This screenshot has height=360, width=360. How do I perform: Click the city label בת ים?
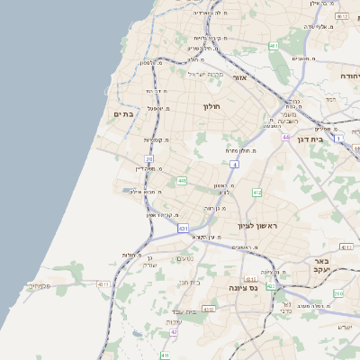point(123,114)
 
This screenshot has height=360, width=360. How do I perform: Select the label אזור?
point(240,78)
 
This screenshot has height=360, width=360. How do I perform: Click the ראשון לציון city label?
point(255,226)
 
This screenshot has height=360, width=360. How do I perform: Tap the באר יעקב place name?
point(324,264)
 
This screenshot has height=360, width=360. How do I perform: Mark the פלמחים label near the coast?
point(39,285)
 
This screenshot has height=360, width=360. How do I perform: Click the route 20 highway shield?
point(149,159)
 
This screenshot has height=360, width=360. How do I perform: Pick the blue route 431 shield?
point(184,229)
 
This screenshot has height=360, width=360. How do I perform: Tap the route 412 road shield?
point(257,192)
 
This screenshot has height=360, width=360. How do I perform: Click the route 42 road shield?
point(174,332)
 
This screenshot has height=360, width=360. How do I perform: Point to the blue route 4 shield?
point(234,165)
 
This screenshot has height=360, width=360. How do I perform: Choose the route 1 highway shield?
point(338,139)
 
